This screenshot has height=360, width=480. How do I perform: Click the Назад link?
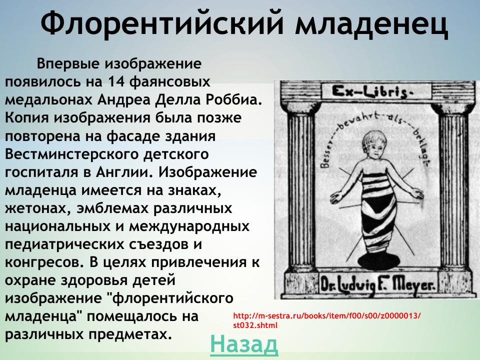click(243, 344)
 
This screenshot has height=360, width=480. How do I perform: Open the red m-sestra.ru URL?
click(327, 320)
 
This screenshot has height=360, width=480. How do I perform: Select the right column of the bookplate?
click(452, 190)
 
